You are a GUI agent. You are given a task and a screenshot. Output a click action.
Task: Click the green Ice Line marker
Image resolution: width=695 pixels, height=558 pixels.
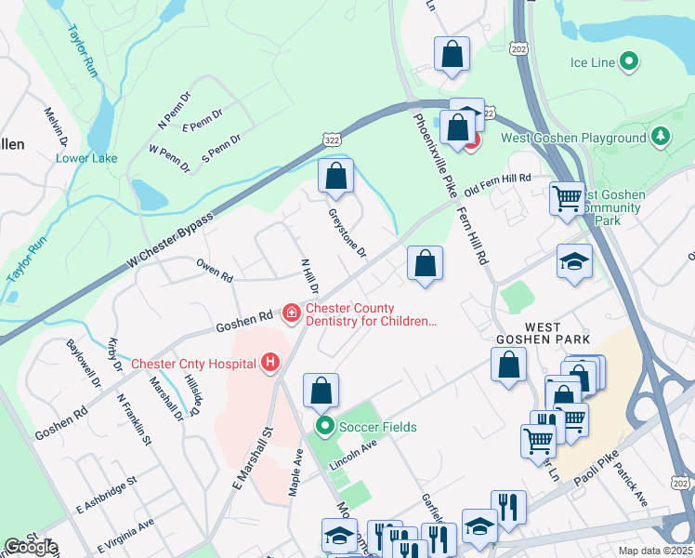[629, 62]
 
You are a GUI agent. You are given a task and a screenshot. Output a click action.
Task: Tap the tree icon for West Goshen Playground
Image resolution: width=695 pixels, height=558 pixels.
[661, 138]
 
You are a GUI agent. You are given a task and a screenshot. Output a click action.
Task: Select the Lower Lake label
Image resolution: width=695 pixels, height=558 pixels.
[86, 158]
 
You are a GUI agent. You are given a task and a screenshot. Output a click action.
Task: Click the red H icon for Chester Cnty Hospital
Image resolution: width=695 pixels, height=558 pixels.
[270, 362]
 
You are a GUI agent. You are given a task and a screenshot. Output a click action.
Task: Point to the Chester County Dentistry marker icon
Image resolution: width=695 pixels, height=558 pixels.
[292, 313]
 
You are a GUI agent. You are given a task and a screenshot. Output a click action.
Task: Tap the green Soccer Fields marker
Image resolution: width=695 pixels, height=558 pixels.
[325, 427]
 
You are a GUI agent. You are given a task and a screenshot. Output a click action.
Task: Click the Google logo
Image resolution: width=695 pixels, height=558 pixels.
[30, 547]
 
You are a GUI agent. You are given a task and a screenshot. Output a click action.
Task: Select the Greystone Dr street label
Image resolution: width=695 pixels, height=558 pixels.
[347, 232]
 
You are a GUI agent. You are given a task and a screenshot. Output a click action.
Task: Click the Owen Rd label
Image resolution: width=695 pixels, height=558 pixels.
[215, 267]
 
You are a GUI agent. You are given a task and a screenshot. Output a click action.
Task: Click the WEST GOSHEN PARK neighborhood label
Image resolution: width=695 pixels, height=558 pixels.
[557, 334]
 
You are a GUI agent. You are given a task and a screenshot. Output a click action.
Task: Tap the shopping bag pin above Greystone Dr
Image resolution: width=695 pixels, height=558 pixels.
[336, 176]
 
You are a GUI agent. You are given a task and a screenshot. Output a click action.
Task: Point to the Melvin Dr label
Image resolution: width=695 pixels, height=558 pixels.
[57, 127]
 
